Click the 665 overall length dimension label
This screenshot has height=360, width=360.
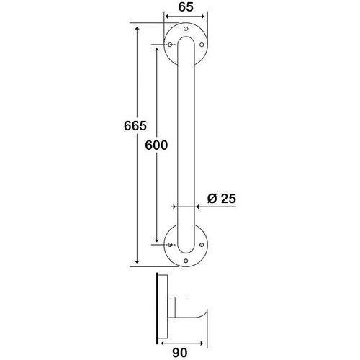pos(135,126)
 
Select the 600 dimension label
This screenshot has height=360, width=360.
pos(156,145)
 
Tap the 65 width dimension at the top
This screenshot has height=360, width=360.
pos(186,7)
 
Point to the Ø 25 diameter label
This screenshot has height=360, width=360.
pos(221,199)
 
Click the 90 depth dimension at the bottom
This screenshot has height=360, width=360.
pos(180,353)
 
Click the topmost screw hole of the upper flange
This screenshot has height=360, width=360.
pos(186,29)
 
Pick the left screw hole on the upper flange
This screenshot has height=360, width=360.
pos(170,45)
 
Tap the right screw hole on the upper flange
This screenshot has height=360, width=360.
pos(202,45)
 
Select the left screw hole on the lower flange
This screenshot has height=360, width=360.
pos(170,245)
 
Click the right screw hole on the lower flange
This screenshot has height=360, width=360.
pos(202,245)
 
